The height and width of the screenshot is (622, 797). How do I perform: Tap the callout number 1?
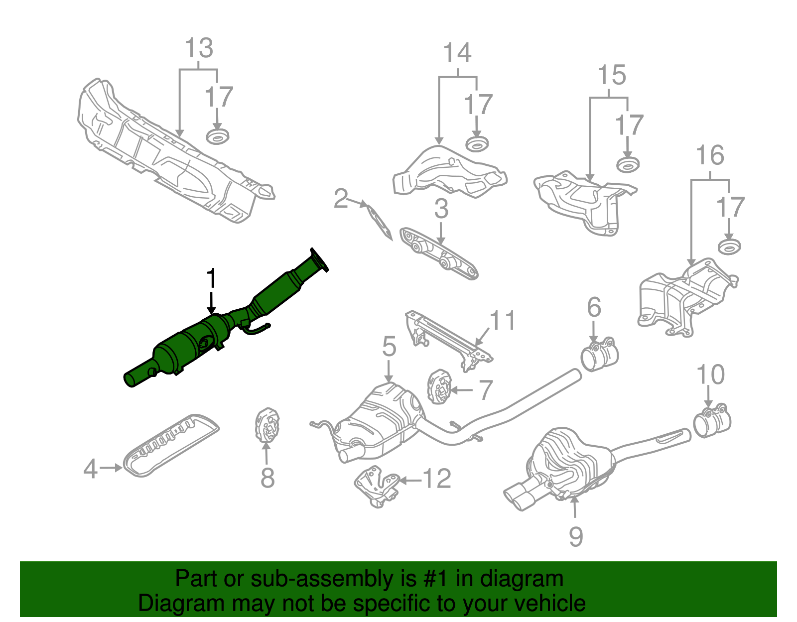pyautogui.click(x=212, y=279)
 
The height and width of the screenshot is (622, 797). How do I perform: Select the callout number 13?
pyautogui.click(x=199, y=49)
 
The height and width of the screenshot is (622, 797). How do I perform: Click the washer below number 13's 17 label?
pyautogui.click(x=217, y=135)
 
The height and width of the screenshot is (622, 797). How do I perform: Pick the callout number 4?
pyautogui.click(x=90, y=469)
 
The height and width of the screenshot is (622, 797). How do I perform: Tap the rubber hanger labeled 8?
pyautogui.click(x=266, y=425)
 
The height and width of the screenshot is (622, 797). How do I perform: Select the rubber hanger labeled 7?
pyautogui.click(x=439, y=387)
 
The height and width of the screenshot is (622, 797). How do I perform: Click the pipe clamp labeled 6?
pyautogui.click(x=600, y=355)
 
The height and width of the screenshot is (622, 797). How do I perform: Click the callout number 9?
pyautogui.click(x=576, y=537)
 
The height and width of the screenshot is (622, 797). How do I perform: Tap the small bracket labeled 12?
pyautogui.click(x=377, y=486)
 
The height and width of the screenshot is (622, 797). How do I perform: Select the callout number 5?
pyautogui.click(x=389, y=347)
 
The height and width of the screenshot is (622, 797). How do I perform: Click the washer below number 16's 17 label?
pyautogui.click(x=729, y=246)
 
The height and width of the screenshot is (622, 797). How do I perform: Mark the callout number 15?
pyautogui.click(x=612, y=76)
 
